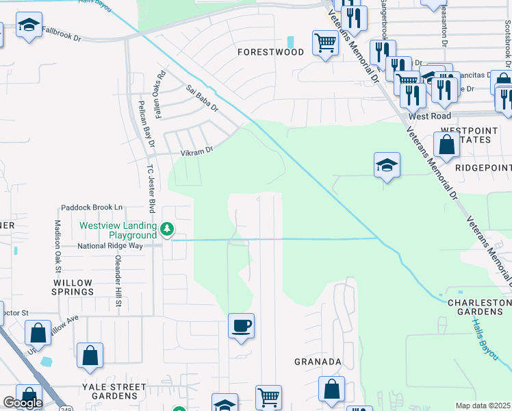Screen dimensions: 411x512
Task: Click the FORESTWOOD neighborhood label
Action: pyautogui.click(x=270, y=52)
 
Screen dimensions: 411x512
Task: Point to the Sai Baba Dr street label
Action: pyautogui.click(x=201, y=98)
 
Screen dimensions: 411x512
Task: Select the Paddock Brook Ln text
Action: pyautogui.click(x=92, y=207)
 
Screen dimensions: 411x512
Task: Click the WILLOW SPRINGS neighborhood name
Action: pyautogui.click(x=73, y=286)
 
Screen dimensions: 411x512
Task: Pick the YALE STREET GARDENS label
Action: pyautogui.click(x=114, y=391)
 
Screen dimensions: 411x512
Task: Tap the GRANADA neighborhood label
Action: pyautogui.click(x=318, y=361)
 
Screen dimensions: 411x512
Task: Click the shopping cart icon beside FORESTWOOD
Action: pyautogui.click(x=325, y=42)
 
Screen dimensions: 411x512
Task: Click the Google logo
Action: pyautogui.click(x=23, y=403)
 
